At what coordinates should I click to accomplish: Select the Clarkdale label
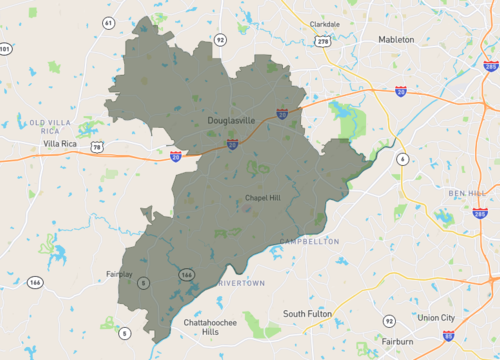pos(325,24)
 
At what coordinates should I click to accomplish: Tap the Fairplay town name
pos(119,273)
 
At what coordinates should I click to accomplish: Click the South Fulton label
pos(306,314)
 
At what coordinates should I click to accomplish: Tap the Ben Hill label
pos(465,192)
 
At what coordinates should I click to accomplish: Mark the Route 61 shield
pos(108,22)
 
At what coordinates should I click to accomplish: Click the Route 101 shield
pos(6,49)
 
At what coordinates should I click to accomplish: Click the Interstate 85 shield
pos(448,336)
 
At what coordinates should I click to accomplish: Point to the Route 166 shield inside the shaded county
pos(186,273)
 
